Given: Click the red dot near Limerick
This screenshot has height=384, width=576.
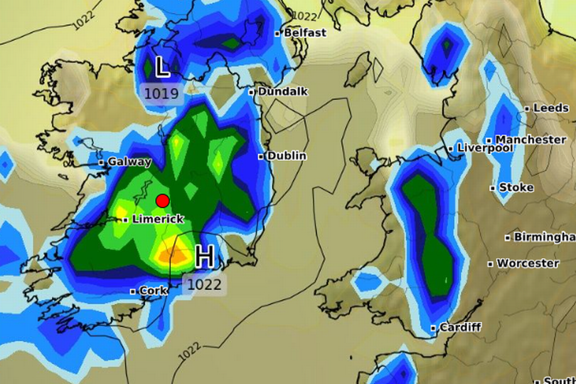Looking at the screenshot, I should click(x=162, y=200).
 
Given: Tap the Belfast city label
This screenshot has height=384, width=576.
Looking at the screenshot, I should click(x=304, y=33).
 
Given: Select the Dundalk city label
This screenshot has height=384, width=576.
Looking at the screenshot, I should click(x=282, y=91).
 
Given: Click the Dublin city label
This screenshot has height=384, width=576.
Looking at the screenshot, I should click(x=287, y=155).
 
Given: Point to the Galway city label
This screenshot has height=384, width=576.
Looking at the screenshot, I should click(x=129, y=162).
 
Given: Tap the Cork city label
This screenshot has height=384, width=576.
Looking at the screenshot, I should click(x=153, y=290).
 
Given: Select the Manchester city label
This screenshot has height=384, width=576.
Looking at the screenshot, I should click(x=530, y=140).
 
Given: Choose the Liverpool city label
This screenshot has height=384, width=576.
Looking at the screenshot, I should click(x=485, y=148).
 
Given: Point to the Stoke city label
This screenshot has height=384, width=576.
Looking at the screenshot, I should click(x=516, y=187).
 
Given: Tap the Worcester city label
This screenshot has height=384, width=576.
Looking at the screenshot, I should click(x=528, y=263).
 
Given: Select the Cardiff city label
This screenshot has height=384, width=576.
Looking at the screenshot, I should click(x=460, y=327).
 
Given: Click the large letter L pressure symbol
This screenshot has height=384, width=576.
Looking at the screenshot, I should click(x=162, y=68).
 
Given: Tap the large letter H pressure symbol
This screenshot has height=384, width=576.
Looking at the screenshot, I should click(x=204, y=256).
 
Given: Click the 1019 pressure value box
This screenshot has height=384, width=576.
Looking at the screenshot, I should click(x=162, y=93).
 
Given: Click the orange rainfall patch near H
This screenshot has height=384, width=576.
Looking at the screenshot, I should click(x=169, y=254).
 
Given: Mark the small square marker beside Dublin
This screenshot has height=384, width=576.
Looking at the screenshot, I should click(x=261, y=156).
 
